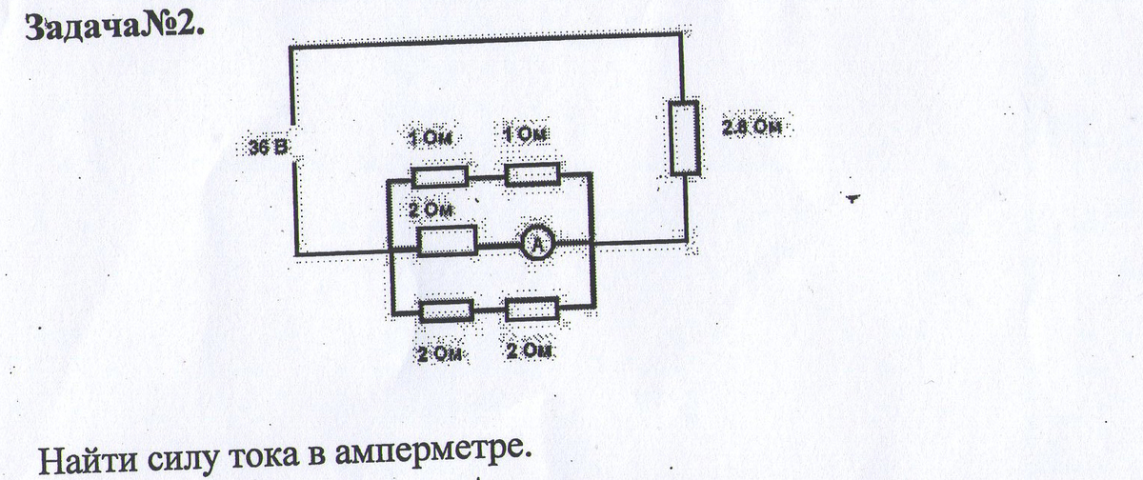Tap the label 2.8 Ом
coord(757,129)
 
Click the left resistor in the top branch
coord(439,175)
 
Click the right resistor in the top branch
coord(531,175)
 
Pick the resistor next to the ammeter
coord(448,241)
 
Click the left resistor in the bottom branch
coord(447,311)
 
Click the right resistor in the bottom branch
coord(531,310)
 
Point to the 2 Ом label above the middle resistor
coord(429,208)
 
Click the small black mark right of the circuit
coord(852,199)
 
